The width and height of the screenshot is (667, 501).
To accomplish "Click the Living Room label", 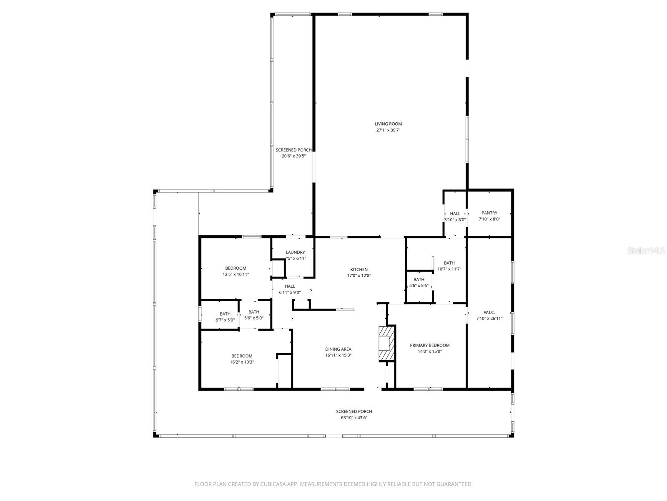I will [388, 124].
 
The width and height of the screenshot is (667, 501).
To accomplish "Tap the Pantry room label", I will [489, 213].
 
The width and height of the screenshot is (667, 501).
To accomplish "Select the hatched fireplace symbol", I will [386, 344].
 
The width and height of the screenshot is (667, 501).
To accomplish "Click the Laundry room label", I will [295, 252].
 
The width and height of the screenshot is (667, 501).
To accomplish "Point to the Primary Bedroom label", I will [429, 345].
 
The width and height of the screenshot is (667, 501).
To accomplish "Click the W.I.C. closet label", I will [489, 312].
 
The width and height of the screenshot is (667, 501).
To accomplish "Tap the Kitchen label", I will [359, 269].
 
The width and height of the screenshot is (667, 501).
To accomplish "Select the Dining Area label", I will [338, 349].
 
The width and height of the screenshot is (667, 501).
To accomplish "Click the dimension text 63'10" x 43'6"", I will [354, 417].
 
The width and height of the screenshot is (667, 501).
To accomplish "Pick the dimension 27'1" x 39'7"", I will [388, 130].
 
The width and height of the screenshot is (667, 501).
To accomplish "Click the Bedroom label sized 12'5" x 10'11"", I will [236, 268].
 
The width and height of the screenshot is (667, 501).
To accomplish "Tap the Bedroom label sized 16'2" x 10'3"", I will [242, 356].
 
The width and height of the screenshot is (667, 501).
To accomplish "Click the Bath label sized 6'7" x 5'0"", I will [225, 314].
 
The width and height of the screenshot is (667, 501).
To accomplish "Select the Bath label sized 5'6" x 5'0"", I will [254, 312].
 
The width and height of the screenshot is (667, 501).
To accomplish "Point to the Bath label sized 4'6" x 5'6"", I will [419, 280].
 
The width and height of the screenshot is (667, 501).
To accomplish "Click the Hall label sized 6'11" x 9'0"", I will [290, 286].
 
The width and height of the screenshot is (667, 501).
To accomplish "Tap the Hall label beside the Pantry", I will [455, 213].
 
